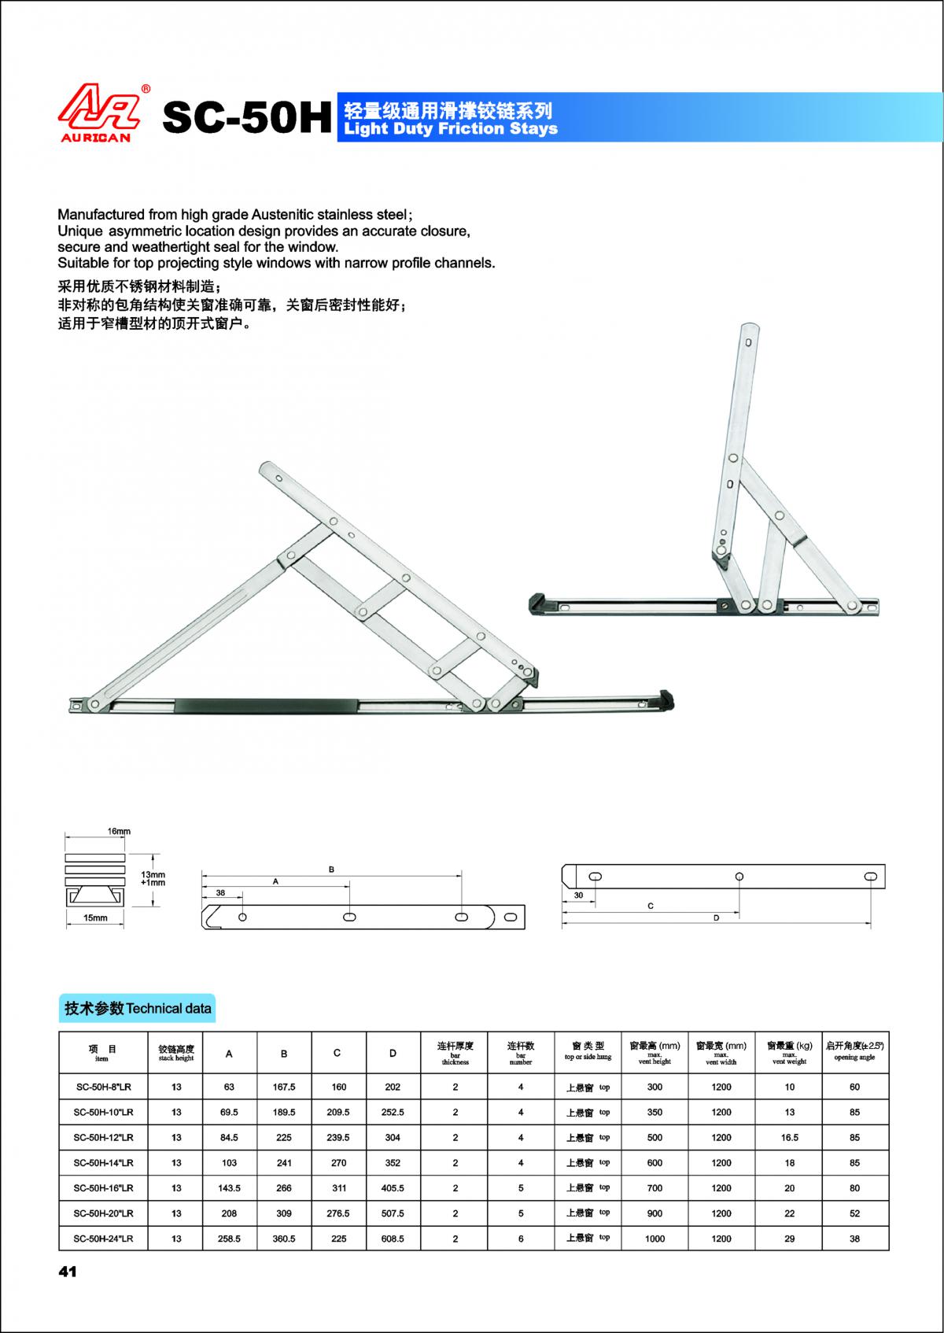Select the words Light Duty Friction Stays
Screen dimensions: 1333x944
point(451,129)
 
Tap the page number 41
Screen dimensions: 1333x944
point(68,1271)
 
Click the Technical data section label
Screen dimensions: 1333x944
point(138,1008)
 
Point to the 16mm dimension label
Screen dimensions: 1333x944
point(120,831)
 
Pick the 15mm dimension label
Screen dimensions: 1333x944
point(95,918)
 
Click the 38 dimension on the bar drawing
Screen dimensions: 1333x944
point(220,893)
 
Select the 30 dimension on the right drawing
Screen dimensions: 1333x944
point(578,895)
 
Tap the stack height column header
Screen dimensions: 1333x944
point(176,1053)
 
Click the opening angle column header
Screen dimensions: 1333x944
point(854,1051)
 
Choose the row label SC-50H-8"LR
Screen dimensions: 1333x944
point(104,1087)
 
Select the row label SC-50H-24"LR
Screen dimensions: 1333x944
point(104,1239)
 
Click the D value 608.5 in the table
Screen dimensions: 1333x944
point(393,1239)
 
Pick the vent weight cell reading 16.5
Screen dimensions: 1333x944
point(789,1137)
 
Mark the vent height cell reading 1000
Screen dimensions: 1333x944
point(655,1239)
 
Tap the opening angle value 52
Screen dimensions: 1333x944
point(854,1213)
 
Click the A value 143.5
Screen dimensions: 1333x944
point(229,1188)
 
